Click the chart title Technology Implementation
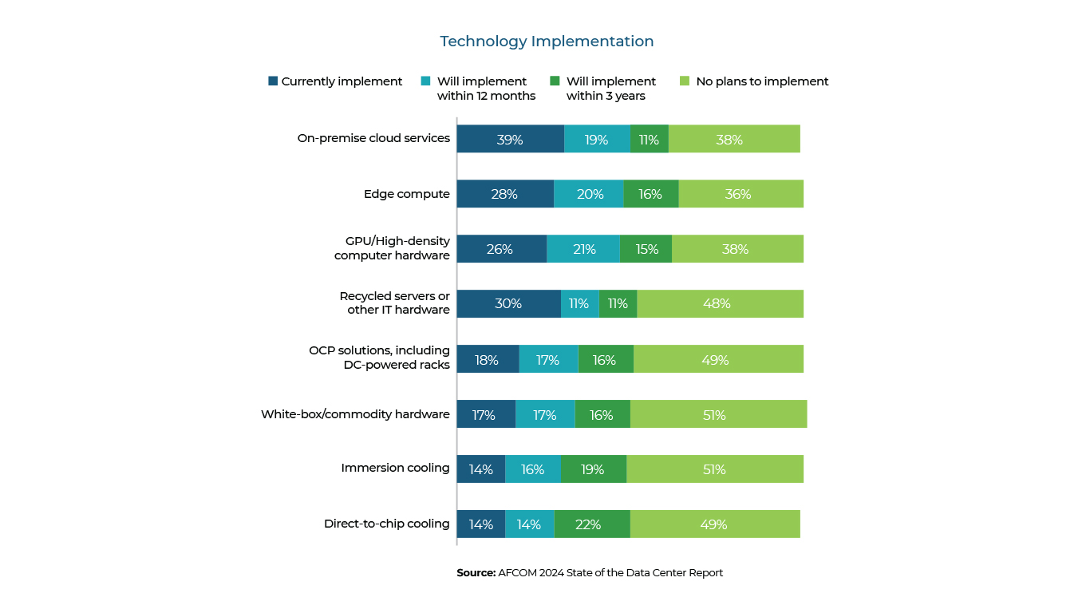547,42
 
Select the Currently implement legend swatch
273,81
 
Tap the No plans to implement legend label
762,81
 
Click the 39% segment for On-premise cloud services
510,139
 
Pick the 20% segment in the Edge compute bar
589,194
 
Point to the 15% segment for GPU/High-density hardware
646,249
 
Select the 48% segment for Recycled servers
720,304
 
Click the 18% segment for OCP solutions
488,359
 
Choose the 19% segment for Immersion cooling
594,469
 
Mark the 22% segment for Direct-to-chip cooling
592,524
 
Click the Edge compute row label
407,194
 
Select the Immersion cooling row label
395,468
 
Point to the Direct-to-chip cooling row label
387,524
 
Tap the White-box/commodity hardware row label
355,414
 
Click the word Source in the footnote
476,573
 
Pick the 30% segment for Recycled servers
508,304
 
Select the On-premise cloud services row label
373,138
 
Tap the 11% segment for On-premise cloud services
649,139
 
